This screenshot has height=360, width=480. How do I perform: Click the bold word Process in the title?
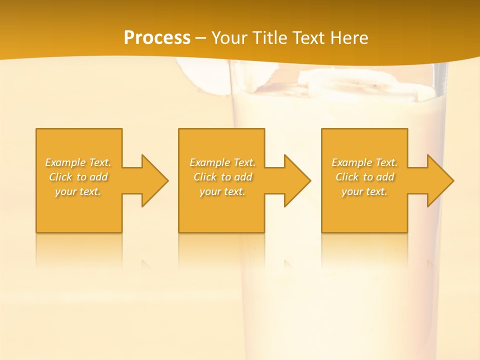click(157, 38)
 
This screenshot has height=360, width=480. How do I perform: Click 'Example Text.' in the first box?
click(78, 162)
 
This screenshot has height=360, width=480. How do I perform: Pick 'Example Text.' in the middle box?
click(222, 162)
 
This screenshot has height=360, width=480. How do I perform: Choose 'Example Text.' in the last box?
click(364, 162)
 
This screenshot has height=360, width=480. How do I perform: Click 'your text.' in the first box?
click(78, 191)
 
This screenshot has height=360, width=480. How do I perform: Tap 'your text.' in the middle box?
click(222, 191)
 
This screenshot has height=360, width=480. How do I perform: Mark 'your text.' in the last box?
click(364, 191)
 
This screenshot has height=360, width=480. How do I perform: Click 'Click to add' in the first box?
click(78, 177)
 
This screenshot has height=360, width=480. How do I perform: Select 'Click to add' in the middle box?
click(222, 177)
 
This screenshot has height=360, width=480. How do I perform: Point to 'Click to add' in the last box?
click(364, 177)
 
